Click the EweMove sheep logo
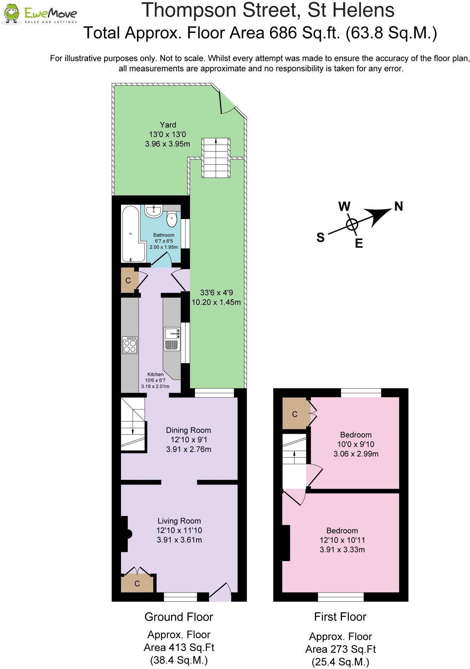[11, 13]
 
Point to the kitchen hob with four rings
[130, 345]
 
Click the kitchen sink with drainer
[172, 339]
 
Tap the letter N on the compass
[399, 206]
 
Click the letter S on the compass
[320, 237]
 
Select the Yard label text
[168, 125]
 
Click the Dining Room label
[189, 430]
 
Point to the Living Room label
[179, 521]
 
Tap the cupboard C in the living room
[137, 583]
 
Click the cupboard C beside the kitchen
[128, 280]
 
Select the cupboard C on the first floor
[295, 414]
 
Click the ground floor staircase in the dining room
[133, 424]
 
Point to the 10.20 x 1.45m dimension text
[216, 302]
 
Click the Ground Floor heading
[179, 617]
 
